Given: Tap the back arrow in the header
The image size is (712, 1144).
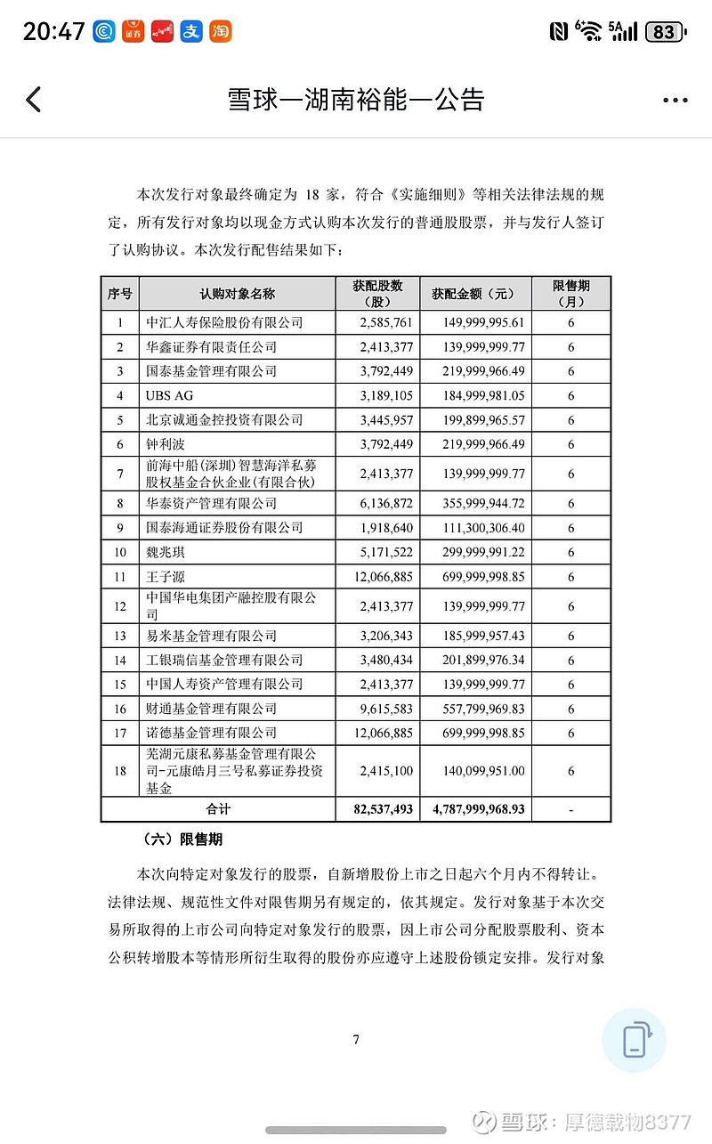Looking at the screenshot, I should [x=34, y=99].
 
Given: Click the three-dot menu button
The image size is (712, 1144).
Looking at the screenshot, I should [x=676, y=101].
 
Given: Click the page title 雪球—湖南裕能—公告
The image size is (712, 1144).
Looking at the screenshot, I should [x=356, y=99].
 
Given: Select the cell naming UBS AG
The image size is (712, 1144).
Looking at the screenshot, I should [x=170, y=395].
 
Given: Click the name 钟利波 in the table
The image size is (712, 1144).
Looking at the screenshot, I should [x=166, y=443].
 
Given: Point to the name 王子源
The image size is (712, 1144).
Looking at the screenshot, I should [x=166, y=577].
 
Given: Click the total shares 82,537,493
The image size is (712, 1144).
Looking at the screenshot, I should [x=378, y=809].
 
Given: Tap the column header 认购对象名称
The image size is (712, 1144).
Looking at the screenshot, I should [x=237, y=294].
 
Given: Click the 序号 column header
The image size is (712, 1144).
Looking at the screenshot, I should [x=120, y=294].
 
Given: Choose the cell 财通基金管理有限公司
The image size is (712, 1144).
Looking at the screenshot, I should [x=212, y=709].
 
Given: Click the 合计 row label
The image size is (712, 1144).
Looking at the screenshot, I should [x=218, y=809].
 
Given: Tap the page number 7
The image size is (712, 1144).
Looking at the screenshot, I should [x=356, y=1039].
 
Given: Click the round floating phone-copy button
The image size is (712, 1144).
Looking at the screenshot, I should [x=634, y=1040].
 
